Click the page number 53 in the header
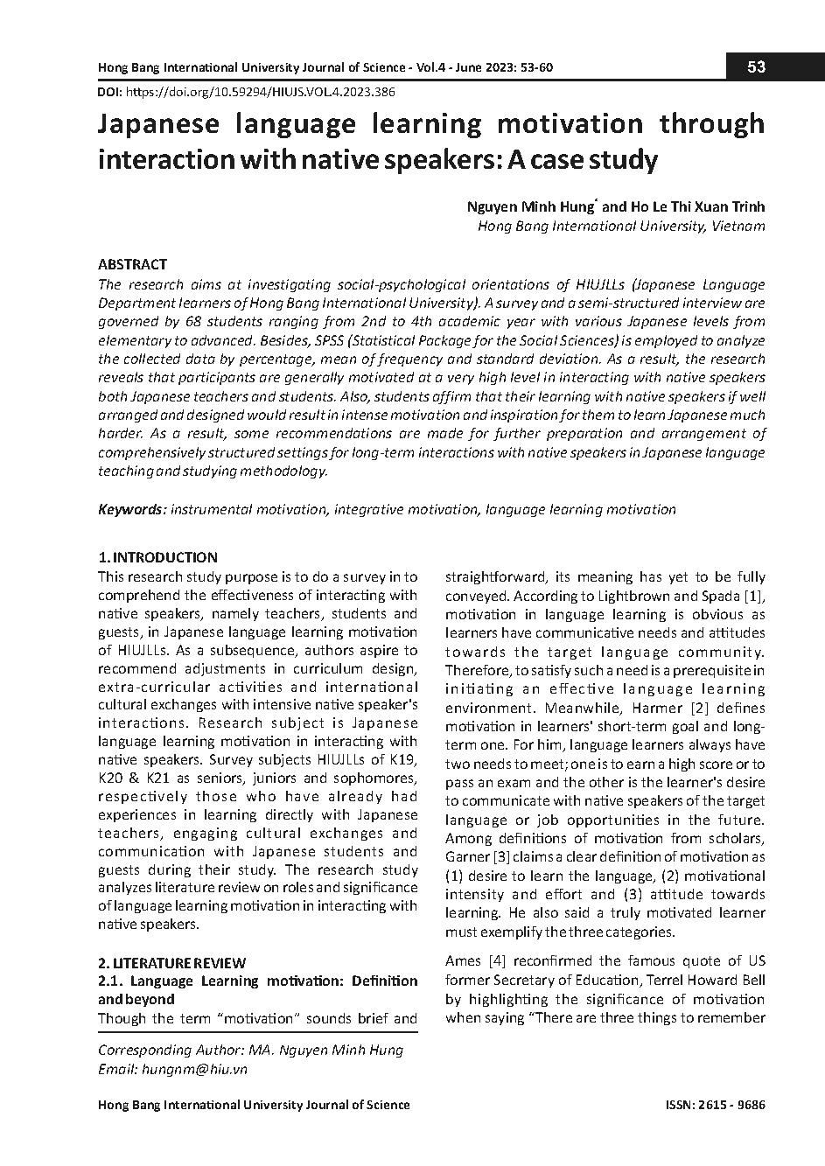click(757, 67)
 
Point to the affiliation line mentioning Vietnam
click(621, 226)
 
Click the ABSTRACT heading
click(132, 264)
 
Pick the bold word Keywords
click(131, 509)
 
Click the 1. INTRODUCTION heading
click(157, 557)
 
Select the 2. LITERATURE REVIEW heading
click(171, 963)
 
